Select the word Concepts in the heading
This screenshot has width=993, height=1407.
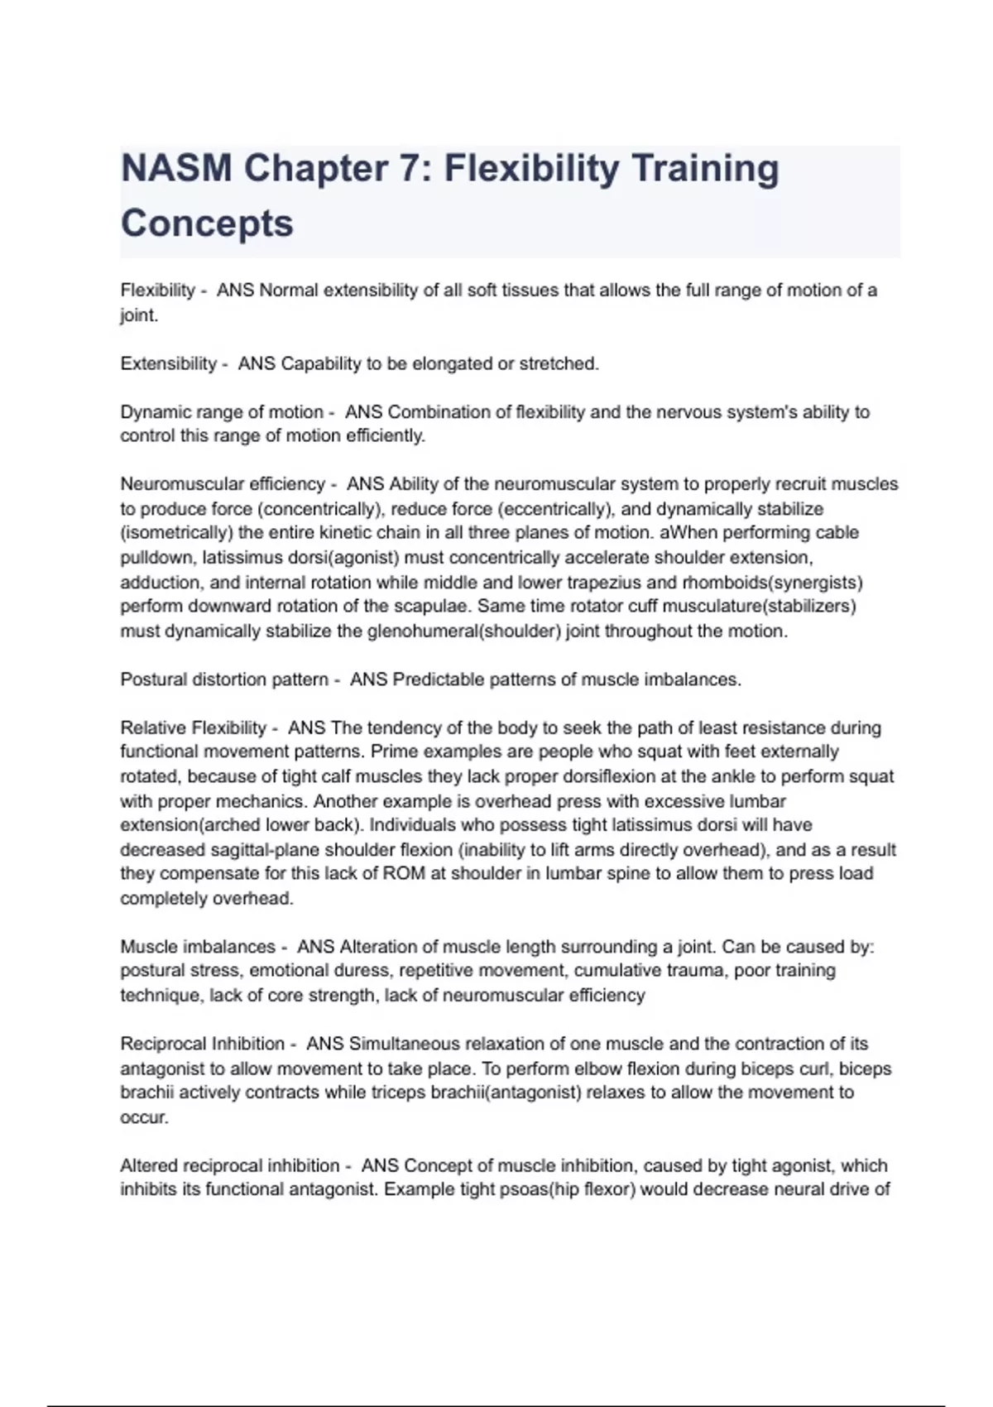coord(207,223)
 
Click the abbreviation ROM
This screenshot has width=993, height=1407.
coord(404,874)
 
